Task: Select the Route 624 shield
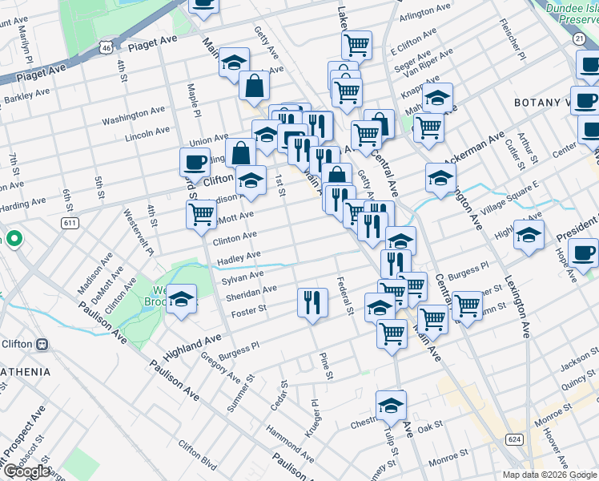pos(513,439)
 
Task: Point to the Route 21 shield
pos(578,38)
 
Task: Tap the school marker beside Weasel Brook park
pos(183,301)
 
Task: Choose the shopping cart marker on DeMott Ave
pos(200,214)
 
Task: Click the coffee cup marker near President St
pos(584,253)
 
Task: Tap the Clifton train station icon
pos(42,344)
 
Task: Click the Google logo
pos(26,471)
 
